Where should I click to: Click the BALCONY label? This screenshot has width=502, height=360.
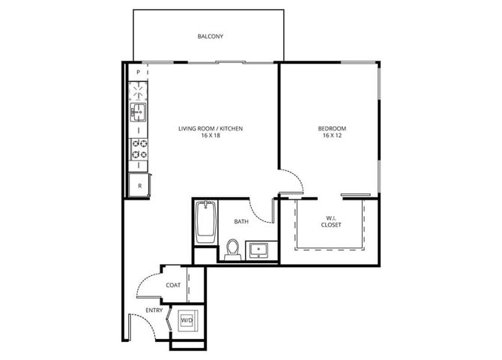(x=210, y=36)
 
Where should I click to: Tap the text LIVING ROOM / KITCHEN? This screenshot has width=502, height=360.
(x=210, y=128)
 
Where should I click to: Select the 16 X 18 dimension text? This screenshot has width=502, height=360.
(x=210, y=136)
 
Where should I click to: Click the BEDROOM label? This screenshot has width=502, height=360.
(x=332, y=128)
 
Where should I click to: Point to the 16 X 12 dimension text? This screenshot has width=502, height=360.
(x=332, y=136)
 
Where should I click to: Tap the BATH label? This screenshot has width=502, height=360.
(x=241, y=221)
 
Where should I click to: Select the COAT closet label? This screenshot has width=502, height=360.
(x=173, y=285)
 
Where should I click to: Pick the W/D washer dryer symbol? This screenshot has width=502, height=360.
(x=187, y=320)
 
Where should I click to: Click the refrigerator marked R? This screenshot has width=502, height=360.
(x=138, y=184)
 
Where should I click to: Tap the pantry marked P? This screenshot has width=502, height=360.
(x=138, y=72)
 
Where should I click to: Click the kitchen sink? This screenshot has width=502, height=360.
(x=138, y=113)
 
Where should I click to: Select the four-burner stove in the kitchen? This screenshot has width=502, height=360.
(x=139, y=148)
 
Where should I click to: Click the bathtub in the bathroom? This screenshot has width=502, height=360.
(x=205, y=222)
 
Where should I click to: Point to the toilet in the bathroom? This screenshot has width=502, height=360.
(x=232, y=248)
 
